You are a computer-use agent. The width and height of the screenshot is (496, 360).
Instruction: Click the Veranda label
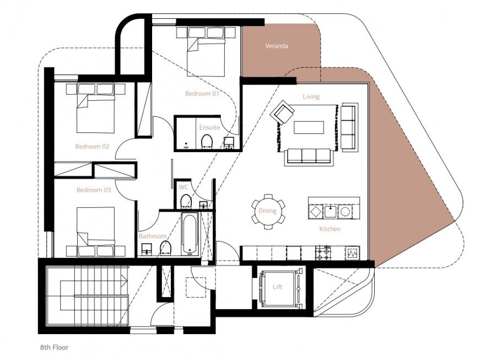(x=276, y=46)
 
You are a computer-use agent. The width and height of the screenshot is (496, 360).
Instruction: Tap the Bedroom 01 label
(x=202, y=94)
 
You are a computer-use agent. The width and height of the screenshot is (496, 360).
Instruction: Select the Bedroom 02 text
(x=93, y=147)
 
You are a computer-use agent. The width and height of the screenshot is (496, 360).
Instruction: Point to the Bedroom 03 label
(x=94, y=190)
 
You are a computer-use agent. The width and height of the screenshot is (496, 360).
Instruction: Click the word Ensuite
(x=209, y=127)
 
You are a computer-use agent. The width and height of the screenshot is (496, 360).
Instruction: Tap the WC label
(x=184, y=187)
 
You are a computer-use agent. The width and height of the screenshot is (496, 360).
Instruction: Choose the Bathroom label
(x=152, y=237)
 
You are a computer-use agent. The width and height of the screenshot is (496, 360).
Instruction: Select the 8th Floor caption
(x=53, y=348)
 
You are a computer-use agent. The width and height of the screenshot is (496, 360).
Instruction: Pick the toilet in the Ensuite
(x=207, y=142)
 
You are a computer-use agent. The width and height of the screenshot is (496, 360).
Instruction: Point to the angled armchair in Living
(x=283, y=113)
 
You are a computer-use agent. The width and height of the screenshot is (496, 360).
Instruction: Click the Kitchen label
(x=330, y=229)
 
